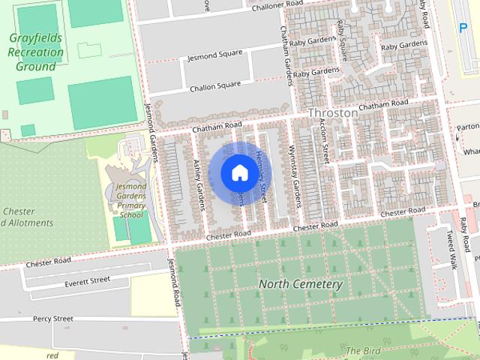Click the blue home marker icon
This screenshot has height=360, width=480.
[238, 172]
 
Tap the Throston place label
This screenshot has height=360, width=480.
[333, 112]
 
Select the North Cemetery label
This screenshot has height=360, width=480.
[300, 284]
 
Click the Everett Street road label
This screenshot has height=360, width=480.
[87, 281]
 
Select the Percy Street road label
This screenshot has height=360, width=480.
[52, 319]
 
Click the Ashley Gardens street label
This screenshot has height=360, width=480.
[199, 180]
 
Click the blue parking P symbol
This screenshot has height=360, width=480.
[463, 28]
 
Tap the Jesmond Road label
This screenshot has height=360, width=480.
[175, 278]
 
